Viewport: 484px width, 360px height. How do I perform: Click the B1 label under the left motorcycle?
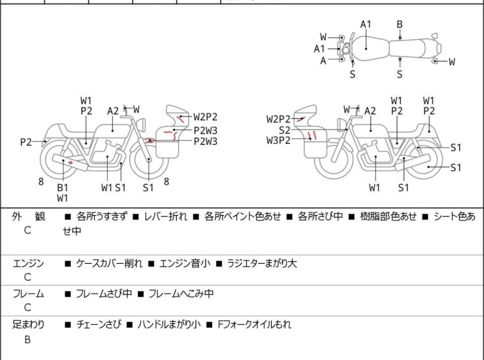coord(62,187)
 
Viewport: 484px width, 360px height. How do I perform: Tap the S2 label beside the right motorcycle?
coord(285,130)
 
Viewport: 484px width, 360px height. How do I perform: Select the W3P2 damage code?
coord(279,141)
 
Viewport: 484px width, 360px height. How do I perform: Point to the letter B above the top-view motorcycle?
coord(399,25)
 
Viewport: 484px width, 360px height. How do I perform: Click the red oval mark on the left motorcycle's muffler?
coord(69,162)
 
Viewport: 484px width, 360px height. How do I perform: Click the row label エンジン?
coord(28,263)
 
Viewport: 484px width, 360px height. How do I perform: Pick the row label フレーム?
coord(28,294)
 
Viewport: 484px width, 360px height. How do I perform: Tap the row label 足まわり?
coord(28,325)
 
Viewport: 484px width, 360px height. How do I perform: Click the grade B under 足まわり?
coord(28,339)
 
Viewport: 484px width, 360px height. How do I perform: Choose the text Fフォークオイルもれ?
coord(255,325)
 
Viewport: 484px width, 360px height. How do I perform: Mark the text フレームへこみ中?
coord(181,294)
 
